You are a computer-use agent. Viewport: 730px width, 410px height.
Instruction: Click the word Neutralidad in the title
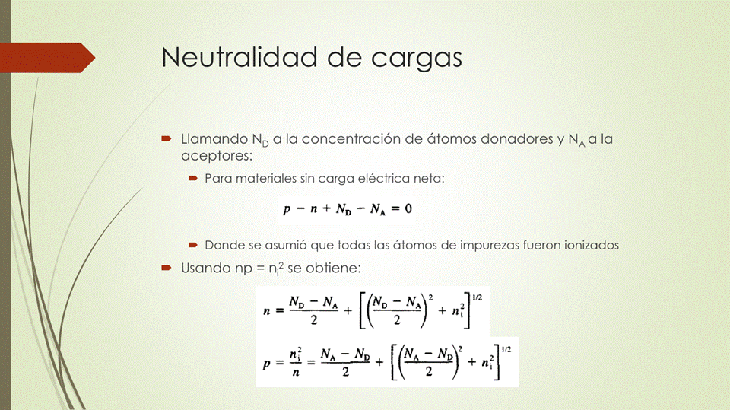(240, 57)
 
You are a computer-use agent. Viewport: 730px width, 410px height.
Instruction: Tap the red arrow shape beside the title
(47, 58)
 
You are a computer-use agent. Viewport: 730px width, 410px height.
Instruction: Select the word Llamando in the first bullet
(214, 139)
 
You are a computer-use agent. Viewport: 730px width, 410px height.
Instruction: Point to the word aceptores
(217, 156)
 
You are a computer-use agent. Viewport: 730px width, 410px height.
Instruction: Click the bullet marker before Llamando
(167, 138)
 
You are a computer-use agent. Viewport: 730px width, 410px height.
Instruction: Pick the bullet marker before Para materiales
(193, 178)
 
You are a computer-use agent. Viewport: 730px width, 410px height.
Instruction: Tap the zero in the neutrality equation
(408, 208)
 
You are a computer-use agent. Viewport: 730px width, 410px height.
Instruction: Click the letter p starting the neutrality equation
(287, 210)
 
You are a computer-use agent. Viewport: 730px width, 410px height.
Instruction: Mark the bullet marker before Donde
(193, 245)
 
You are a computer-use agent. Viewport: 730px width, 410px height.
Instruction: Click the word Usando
(205, 268)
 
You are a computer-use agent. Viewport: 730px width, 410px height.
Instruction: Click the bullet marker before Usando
(167, 268)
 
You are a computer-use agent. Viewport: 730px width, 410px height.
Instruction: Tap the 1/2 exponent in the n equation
(478, 297)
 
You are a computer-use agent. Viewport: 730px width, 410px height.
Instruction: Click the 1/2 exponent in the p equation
(506, 349)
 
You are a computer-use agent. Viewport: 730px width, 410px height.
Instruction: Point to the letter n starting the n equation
(267, 311)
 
